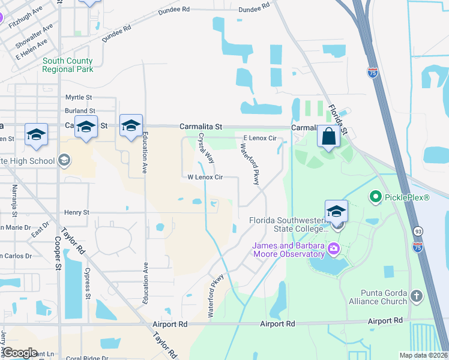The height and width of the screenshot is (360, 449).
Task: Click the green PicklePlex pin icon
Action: pyautogui.click(x=376, y=196)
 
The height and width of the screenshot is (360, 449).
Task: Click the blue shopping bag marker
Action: pyautogui.click(x=328, y=136)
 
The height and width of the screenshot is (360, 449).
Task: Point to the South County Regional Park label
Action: pyautogui.click(x=68, y=65)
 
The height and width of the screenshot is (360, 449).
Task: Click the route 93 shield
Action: pyautogui.click(x=417, y=231)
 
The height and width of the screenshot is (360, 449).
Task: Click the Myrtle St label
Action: pyautogui.click(x=79, y=97)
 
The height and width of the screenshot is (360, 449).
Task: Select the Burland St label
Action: pyautogui.click(x=80, y=111)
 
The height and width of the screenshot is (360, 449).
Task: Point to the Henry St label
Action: pyautogui.click(x=77, y=212)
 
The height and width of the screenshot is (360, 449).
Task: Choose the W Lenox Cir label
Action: pyautogui.click(x=205, y=178)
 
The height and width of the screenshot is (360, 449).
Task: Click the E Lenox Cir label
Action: pyautogui.click(x=259, y=139)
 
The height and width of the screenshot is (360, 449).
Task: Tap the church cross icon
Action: pyautogui.click(x=416, y=297)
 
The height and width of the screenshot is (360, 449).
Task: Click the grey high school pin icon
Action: pyautogui.click(x=64, y=161)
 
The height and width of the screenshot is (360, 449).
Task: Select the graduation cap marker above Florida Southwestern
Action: pyautogui.click(x=336, y=211)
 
